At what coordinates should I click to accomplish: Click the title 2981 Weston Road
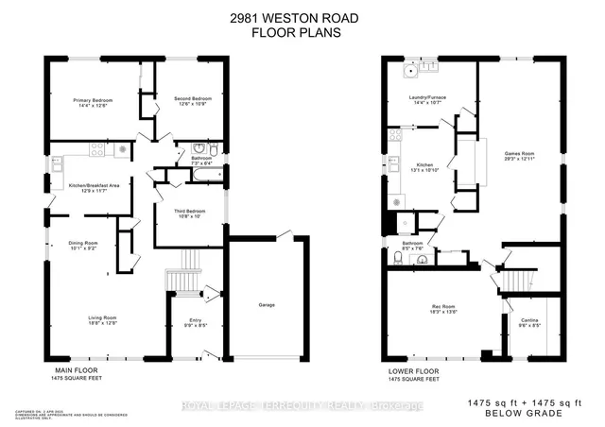tap(302, 16)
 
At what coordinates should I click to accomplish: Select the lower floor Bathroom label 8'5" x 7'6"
tap(412, 246)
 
